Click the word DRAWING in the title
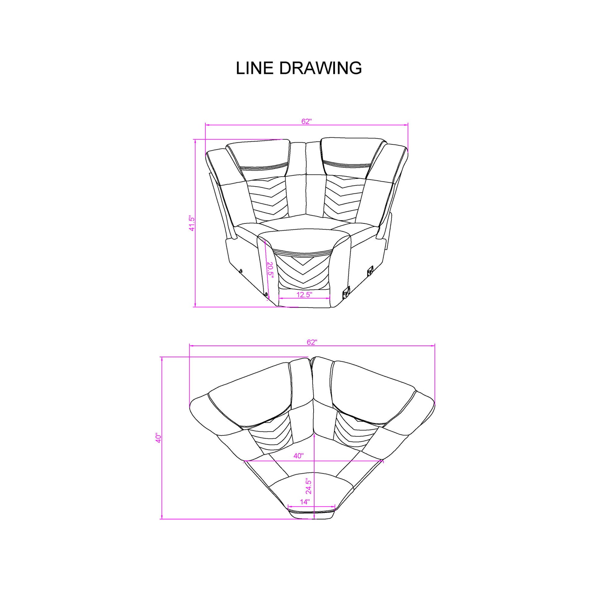(320, 68)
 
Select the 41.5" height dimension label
(192, 224)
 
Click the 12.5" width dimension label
(304, 294)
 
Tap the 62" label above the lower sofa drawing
(312, 342)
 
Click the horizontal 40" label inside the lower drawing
(298, 456)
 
